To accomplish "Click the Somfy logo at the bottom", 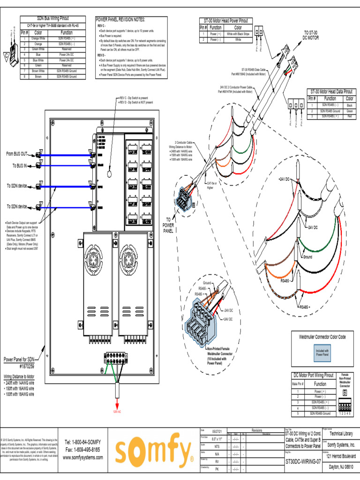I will tap(154, 452).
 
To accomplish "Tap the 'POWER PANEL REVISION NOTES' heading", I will tap(120, 20).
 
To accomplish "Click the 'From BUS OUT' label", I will tap(17, 154).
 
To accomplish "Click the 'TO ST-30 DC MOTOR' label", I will tap(311, 35).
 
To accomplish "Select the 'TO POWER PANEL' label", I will tap(168, 225).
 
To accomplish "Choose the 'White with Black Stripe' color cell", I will tap(238, 35).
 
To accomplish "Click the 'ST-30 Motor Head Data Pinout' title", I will tap(331, 92).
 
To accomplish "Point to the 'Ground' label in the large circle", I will tap(307, 257).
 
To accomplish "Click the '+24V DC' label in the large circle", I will tap(284, 180).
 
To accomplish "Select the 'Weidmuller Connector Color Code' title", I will tap(322, 337).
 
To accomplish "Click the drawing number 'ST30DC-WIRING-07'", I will tap(303, 461).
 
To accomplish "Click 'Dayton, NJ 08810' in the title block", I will tap(341, 467).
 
